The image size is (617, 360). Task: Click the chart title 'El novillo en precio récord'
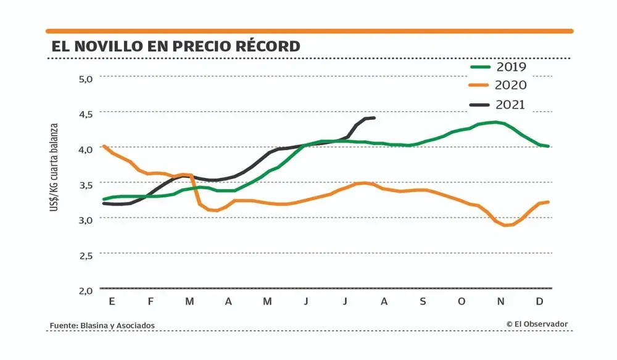(176, 46)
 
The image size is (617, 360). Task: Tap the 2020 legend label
(510, 86)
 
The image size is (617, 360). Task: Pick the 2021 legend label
(510, 105)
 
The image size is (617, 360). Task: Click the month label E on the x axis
(112, 301)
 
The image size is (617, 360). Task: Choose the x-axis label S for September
(423, 301)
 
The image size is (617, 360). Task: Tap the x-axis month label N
(501, 301)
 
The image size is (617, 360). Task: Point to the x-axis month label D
(539, 301)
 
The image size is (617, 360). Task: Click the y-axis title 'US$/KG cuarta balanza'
(55, 167)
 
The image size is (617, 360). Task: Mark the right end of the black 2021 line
(374, 118)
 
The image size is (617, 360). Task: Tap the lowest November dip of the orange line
(507, 225)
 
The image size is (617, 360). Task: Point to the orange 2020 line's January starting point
(104, 146)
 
